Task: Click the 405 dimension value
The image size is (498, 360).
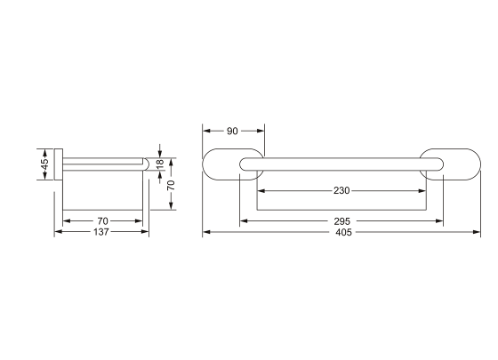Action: (x=343, y=232)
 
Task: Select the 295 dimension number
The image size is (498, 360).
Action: (x=341, y=221)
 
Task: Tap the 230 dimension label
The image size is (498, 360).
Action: (x=341, y=190)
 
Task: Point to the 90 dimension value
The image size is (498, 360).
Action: (x=232, y=131)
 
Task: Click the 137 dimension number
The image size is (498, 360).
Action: (x=101, y=232)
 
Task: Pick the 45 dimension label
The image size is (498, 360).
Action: (x=45, y=164)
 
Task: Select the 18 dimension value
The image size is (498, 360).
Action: (x=160, y=164)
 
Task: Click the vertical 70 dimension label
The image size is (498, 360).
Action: (x=171, y=185)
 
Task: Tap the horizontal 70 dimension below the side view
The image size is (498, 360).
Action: (x=102, y=220)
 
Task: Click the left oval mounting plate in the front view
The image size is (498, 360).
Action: (x=204, y=164)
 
